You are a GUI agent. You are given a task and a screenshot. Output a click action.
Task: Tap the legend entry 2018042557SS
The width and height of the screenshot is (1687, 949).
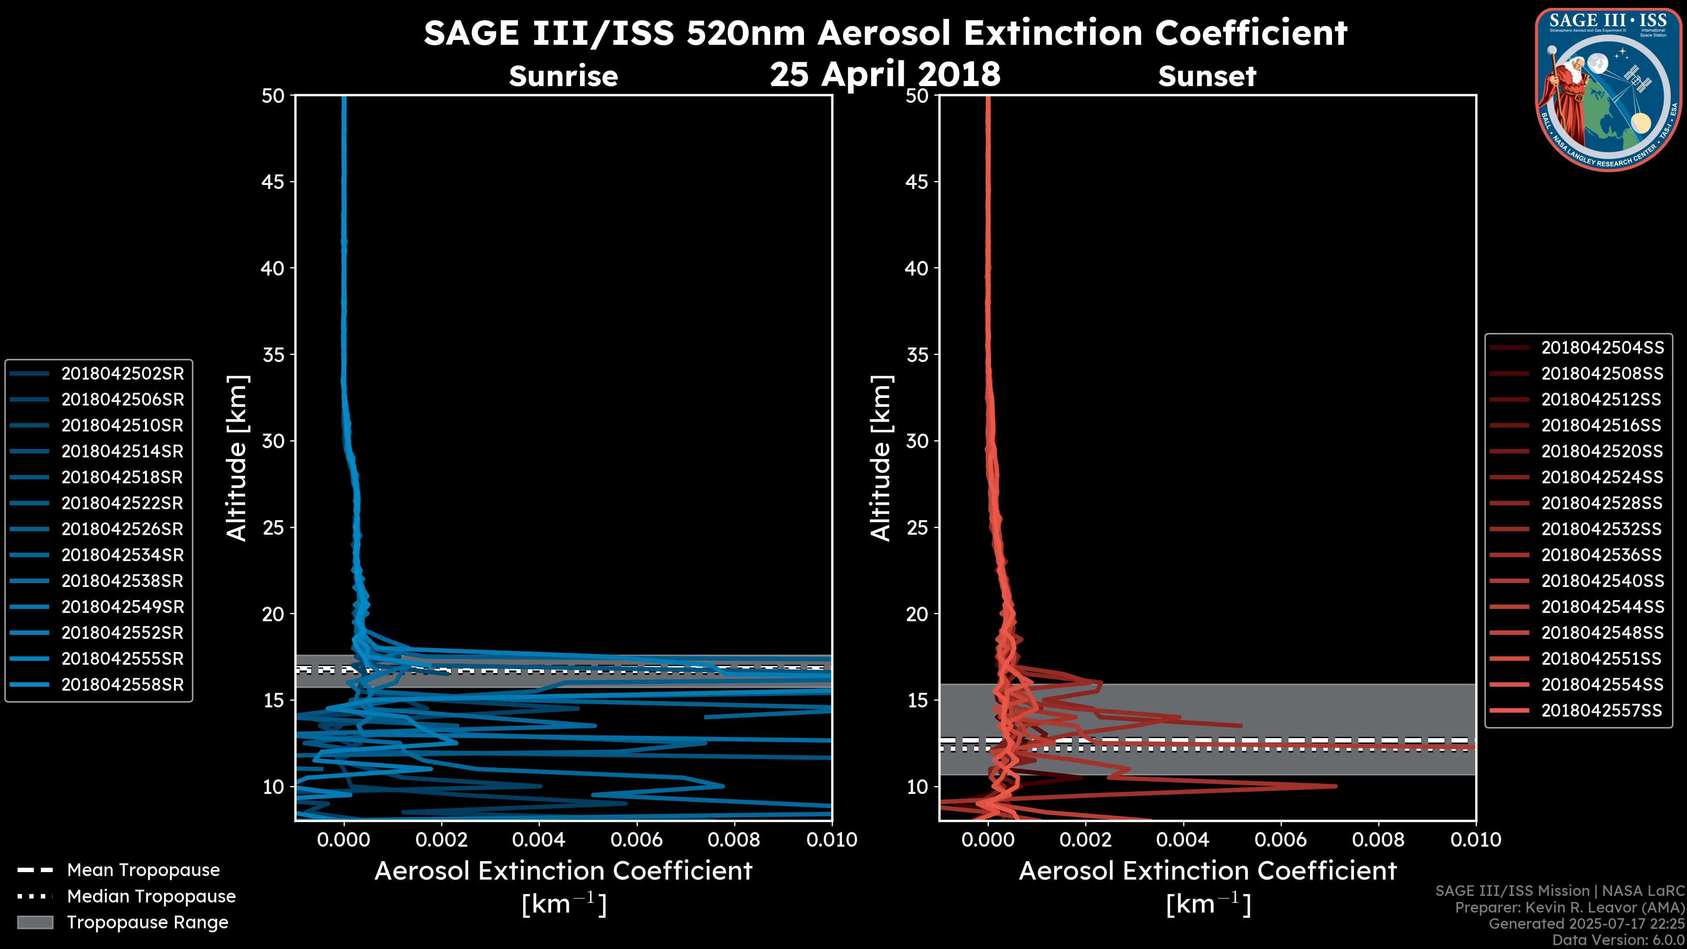tap(1601, 710)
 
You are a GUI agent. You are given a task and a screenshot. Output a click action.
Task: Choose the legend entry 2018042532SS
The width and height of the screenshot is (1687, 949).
tap(1601, 529)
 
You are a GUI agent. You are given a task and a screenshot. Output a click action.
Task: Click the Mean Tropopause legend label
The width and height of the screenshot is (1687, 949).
tap(143, 870)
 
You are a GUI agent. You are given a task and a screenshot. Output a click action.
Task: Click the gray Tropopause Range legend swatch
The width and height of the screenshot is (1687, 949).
tap(35, 922)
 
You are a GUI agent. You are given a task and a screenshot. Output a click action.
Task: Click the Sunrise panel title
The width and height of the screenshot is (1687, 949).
tap(563, 76)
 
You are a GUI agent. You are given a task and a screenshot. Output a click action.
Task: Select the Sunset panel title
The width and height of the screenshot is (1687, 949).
tap(1207, 76)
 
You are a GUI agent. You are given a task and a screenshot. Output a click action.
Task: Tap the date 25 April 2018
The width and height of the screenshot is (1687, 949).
tap(885, 73)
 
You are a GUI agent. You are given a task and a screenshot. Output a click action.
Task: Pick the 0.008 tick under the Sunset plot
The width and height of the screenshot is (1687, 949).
tap(1379, 840)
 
